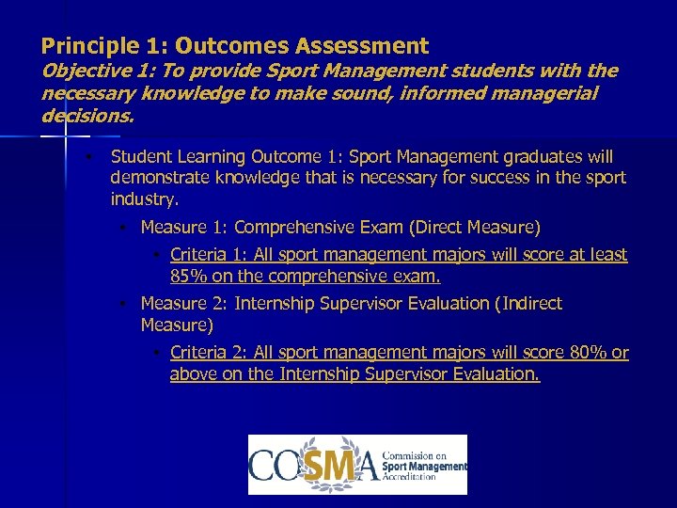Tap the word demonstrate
coord(155,178)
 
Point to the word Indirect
coord(528,303)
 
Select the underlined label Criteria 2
coord(207,352)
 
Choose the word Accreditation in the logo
coord(410,477)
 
